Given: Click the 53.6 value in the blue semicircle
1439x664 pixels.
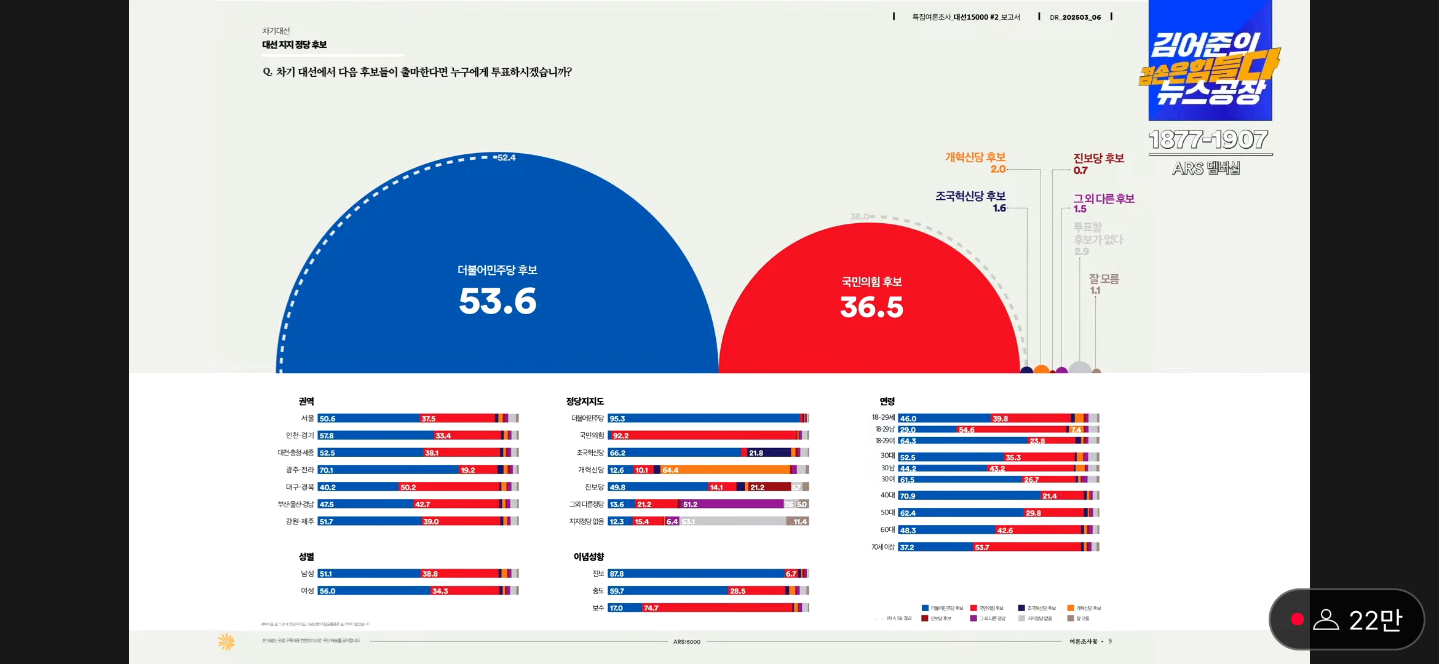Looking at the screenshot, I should click(x=498, y=301).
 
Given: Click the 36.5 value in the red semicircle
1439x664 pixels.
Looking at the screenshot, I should click(x=871, y=307).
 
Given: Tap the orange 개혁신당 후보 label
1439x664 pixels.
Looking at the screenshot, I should click(x=975, y=157).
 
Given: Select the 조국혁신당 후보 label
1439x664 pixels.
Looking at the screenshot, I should click(x=970, y=196).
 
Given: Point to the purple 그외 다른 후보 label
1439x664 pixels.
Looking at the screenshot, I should click(x=1104, y=199).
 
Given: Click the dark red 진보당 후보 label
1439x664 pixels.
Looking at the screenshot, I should click(x=1098, y=159).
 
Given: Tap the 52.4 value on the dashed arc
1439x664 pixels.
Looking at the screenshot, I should click(x=506, y=157).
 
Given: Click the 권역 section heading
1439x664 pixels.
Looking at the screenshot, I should click(x=306, y=401).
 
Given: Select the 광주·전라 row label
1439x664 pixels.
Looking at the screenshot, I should click(x=299, y=470).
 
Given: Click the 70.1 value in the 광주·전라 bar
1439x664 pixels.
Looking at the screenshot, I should click(x=327, y=470).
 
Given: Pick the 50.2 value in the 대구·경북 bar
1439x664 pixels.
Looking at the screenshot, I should click(x=408, y=488).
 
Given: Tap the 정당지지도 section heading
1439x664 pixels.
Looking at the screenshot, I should click(x=585, y=401).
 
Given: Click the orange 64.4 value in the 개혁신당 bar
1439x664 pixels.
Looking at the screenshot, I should click(x=670, y=470).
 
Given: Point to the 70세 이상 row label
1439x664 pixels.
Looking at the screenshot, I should click(x=882, y=547).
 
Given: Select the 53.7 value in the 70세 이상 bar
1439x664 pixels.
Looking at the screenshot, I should click(x=982, y=547).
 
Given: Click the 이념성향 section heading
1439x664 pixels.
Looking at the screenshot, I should click(x=589, y=556).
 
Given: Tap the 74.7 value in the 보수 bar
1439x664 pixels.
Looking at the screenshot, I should click(x=651, y=608).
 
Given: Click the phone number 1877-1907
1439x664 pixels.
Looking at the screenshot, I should click(x=1208, y=140).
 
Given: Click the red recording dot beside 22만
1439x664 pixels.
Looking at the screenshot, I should click(x=1297, y=619).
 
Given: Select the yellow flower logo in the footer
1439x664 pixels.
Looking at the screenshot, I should click(x=226, y=642).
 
